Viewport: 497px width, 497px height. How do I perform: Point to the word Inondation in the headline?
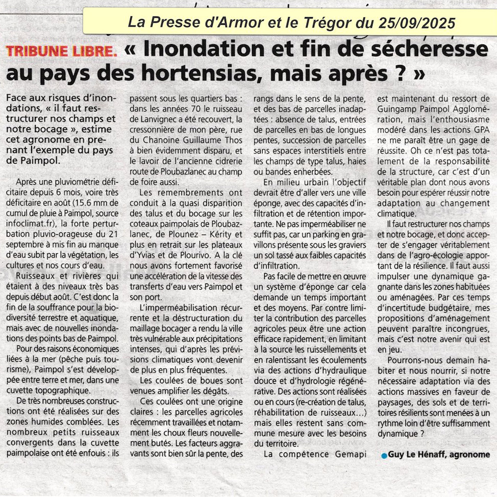click(200, 49)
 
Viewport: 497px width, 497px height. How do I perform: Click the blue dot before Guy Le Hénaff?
click(384, 455)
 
